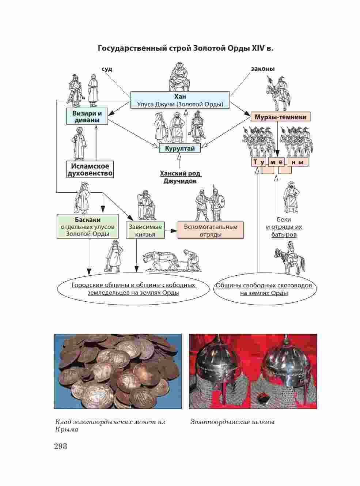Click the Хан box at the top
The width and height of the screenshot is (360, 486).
point(180,100)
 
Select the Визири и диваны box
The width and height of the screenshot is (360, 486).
point(87,117)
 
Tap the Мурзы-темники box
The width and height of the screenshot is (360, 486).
point(280,117)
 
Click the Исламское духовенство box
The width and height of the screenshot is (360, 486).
point(90,170)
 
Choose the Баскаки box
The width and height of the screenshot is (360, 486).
point(88,227)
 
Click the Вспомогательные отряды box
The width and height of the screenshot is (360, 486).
point(211,230)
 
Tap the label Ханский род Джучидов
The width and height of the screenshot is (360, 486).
point(180,177)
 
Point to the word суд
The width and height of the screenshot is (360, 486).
point(107,69)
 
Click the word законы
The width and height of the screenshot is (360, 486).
point(263,69)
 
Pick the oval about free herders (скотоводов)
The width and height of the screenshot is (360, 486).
point(264,289)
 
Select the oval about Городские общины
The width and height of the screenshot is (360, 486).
point(133,289)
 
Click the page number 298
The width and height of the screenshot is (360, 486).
point(60,446)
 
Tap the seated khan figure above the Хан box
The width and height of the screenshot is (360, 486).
point(180,77)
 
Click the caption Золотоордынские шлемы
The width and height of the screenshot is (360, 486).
point(232,422)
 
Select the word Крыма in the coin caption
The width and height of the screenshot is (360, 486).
point(67,430)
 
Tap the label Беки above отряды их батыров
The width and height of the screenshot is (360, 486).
point(284,219)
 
